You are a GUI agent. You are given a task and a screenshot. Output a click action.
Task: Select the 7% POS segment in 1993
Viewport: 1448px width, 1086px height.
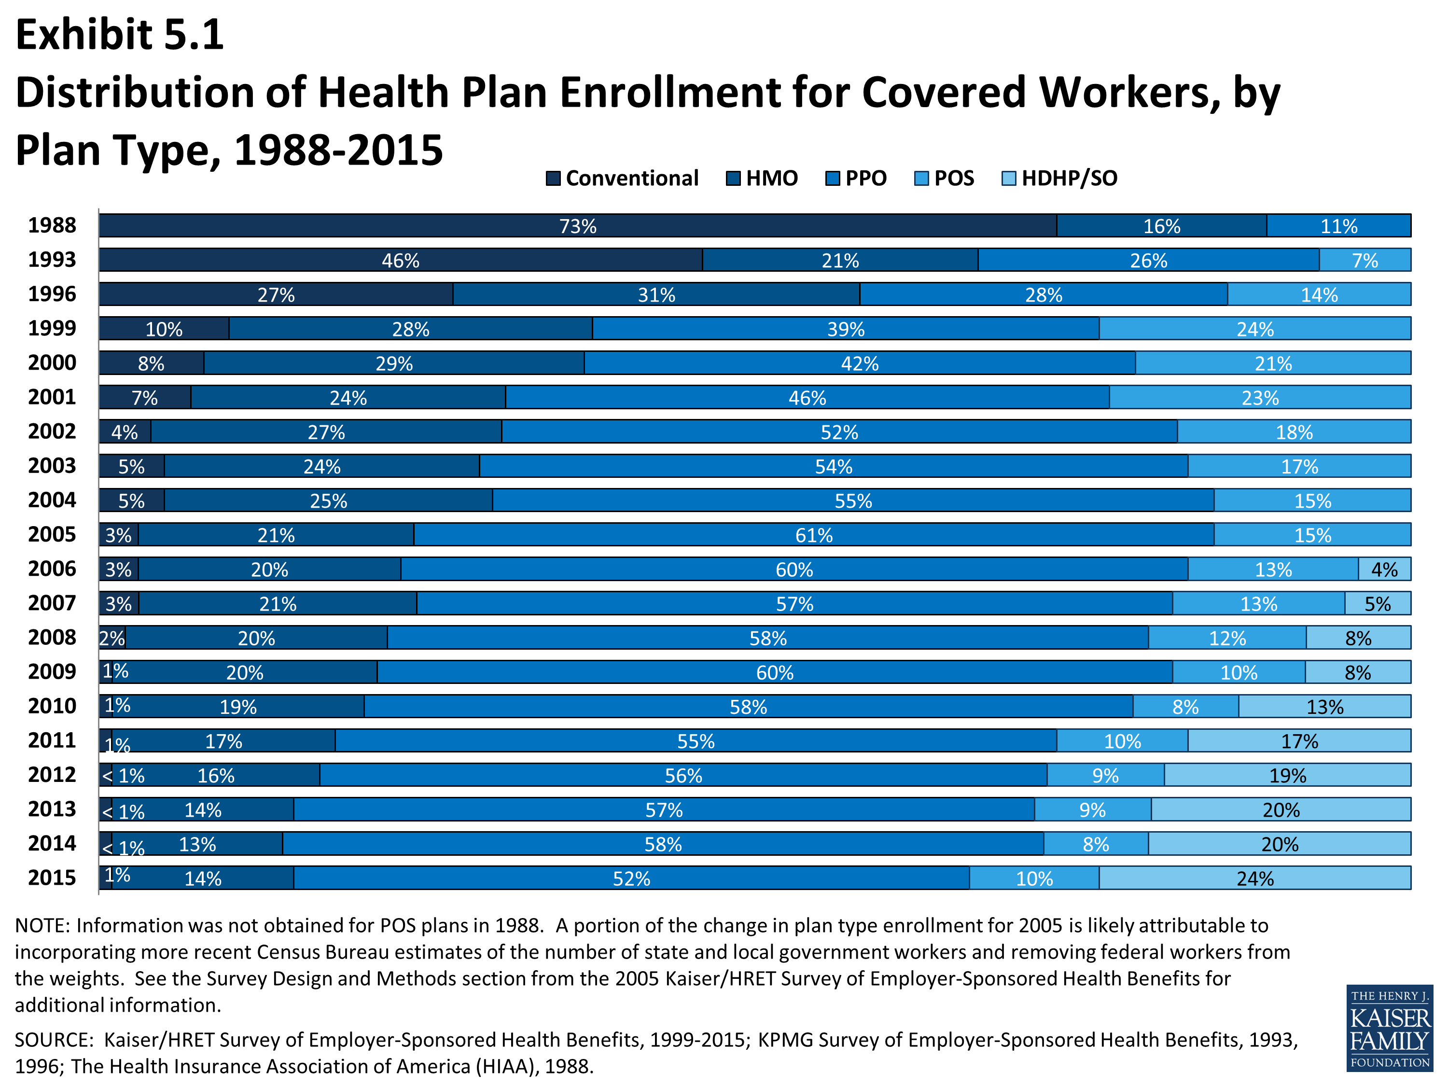point(1365,260)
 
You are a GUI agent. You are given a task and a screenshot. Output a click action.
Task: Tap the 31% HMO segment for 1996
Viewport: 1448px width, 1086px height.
point(656,294)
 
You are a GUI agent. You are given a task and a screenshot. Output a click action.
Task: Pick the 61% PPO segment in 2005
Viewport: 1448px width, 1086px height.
point(814,535)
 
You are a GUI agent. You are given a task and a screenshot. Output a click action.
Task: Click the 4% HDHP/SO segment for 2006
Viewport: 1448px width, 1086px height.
point(1384,569)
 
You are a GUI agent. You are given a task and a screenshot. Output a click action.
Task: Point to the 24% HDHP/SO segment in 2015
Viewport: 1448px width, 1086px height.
point(1254,878)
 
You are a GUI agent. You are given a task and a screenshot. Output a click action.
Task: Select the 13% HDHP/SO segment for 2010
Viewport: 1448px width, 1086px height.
point(1324,706)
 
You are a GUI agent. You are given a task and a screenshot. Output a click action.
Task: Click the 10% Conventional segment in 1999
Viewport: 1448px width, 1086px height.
point(164,329)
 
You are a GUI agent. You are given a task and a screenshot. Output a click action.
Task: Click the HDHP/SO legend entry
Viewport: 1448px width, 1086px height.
point(1060,178)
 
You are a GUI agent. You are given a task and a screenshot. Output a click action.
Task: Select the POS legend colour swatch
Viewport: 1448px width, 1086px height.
point(921,179)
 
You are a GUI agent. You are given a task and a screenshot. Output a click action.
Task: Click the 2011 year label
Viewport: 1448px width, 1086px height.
point(52,740)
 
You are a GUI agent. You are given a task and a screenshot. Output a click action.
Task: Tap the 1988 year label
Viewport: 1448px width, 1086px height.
point(52,225)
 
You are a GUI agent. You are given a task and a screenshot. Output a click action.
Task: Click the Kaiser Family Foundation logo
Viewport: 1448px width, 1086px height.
point(1389,1028)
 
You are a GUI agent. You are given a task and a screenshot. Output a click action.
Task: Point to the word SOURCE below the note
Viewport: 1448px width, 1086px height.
point(54,1040)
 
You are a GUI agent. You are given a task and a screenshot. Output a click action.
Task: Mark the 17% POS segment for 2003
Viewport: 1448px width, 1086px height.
point(1299,466)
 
